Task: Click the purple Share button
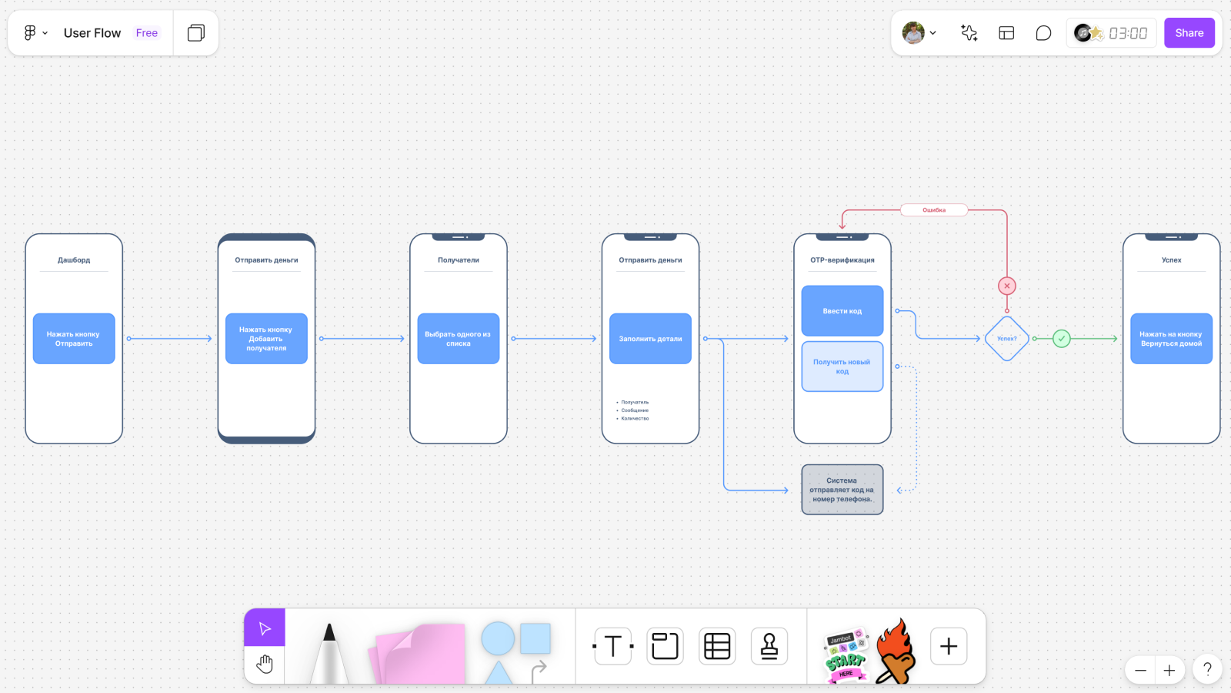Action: coord(1189,33)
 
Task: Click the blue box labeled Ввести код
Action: coord(842,311)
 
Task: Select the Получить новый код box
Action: coord(842,367)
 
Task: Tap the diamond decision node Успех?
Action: coord(1006,339)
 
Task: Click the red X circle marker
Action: coord(1006,286)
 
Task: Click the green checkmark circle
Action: coord(1061,339)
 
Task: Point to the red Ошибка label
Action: coord(933,210)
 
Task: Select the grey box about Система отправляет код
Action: coord(842,490)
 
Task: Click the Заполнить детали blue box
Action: coord(650,339)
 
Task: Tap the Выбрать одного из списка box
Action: coord(458,339)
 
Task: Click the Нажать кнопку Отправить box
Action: coord(74,339)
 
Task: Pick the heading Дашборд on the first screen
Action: coord(74,260)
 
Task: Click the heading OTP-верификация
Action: coord(842,260)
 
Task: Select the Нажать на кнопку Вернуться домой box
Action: coord(1171,339)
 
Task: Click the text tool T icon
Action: coord(613,646)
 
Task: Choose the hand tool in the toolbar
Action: coord(265,664)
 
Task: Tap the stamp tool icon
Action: coord(769,646)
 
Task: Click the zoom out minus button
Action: coord(1140,670)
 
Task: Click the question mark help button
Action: coord(1207,669)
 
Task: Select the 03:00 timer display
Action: coord(1127,33)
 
